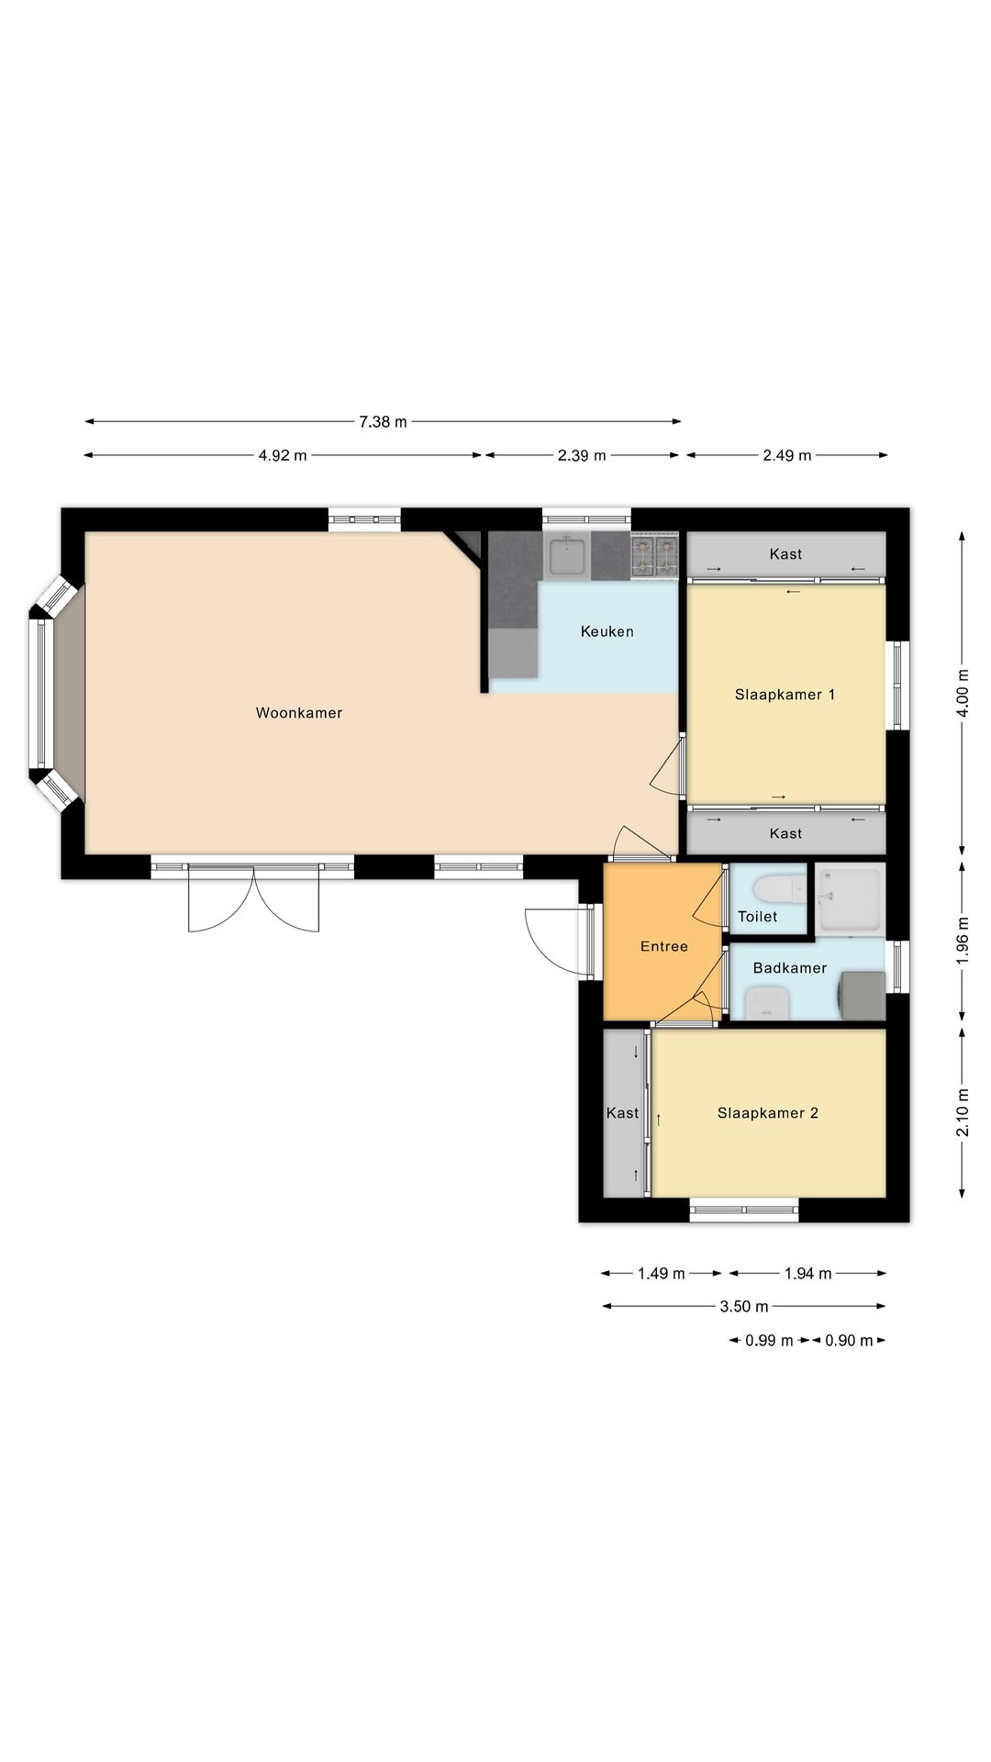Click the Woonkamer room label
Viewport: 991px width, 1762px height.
coord(299,713)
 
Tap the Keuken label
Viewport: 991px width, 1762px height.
coord(607,631)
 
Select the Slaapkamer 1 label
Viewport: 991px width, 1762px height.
coord(785,695)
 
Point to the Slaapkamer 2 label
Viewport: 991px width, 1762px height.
coord(768,1113)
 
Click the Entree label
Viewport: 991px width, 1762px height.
coord(664,946)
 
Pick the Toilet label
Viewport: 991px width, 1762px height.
coord(758,917)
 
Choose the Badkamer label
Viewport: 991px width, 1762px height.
coord(790,968)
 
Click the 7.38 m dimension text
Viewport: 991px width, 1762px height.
coord(383,422)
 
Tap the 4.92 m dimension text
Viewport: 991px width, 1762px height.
coord(283,455)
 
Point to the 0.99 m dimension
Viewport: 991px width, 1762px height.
coord(769,1341)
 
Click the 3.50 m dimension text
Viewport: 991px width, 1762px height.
coord(744,1307)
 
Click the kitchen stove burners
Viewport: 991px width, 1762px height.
coord(654,556)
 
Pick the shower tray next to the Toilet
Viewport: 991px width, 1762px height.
coord(850,898)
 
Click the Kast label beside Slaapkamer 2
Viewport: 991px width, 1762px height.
coord(622,1113)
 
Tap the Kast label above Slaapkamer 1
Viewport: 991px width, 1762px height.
coord(786,554)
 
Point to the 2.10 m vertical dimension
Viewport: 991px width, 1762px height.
coord(963,1112)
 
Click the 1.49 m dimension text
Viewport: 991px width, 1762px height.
coord(662,1274)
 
